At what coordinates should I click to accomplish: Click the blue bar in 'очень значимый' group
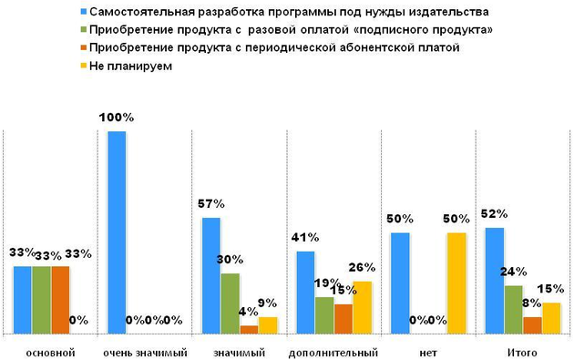click(x=116, y=233)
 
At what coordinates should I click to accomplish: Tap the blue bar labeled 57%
click(x=210, y=276)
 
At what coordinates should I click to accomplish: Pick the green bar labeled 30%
click(x=230, y=303)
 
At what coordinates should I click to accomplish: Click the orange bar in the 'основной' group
click(x=60, y=301)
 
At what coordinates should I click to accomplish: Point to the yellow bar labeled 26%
click(x=362, y=308)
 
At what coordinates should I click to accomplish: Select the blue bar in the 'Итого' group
click(x=494, y=281)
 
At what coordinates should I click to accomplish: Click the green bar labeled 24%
click(x=513, y=310)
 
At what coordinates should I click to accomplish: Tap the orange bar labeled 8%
click(x=532, y=325)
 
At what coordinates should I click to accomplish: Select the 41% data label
click(x=303, y=238)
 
